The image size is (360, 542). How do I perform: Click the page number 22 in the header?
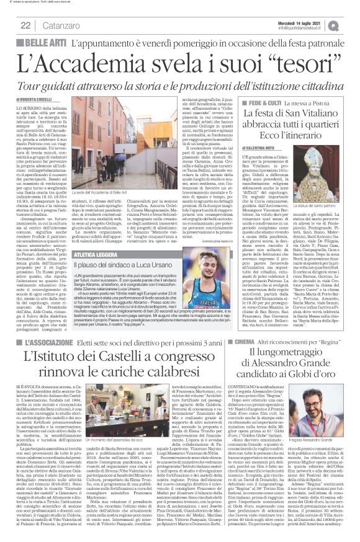point(26,25)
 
